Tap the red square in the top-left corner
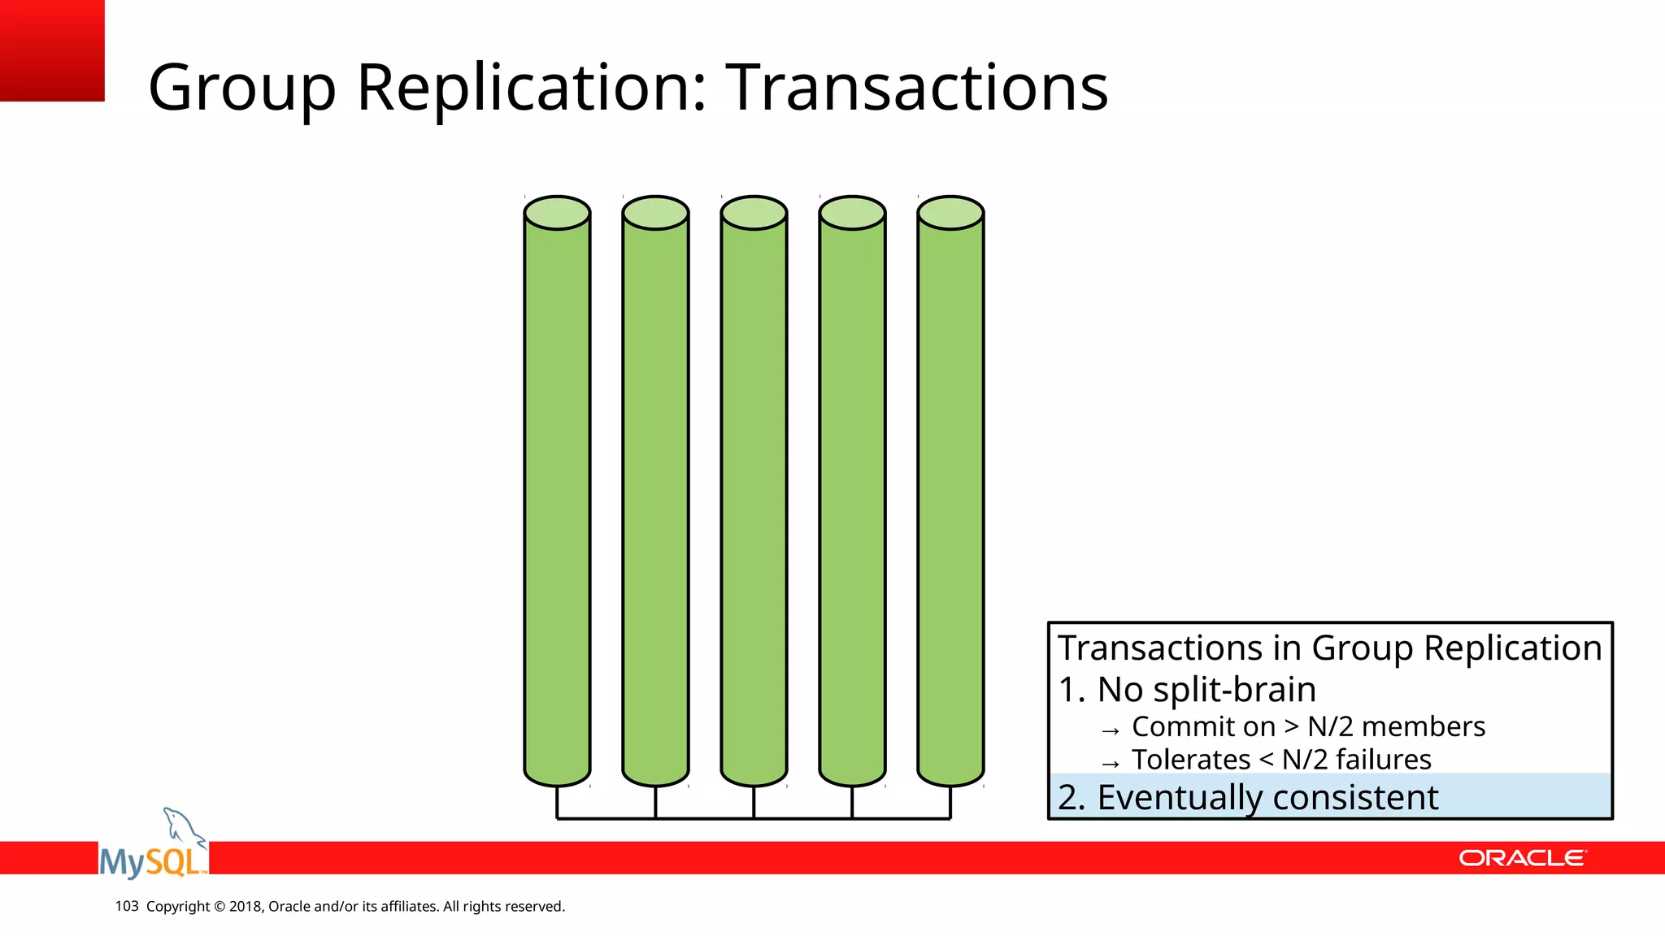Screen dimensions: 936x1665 click(x=51, y=50)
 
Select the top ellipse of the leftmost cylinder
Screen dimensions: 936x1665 click(x=557, y=213)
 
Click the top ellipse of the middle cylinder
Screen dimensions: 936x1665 click(x=754, y=213)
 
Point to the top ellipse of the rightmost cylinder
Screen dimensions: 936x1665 click(x=950, y=213)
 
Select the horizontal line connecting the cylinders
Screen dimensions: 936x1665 click(x=754, y=818)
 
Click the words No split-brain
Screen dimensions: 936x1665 click(x=1206, y=690)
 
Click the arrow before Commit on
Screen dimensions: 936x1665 click(x=1111, y=730)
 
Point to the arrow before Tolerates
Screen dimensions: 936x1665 click(x=1111, y=764)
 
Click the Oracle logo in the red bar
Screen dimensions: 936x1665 click(x=1522, y=858)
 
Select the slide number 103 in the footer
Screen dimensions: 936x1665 click(x=127, y=906)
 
